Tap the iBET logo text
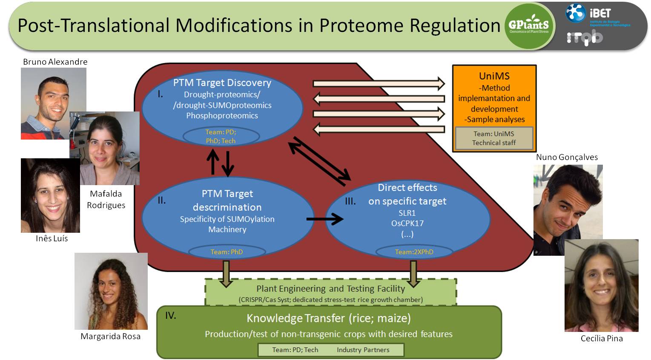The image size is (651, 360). click(600, 13)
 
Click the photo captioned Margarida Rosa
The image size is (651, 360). click(111, 291)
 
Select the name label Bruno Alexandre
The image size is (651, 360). click(55, 62)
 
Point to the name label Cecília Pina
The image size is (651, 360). click(601, 338)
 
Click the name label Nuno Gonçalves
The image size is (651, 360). click(567, 157)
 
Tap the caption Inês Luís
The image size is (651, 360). click(52, 239)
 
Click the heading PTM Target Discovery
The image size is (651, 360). click(222, 83)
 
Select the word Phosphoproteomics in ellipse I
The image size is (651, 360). click(222, 116)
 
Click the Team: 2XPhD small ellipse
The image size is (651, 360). click(414, 252)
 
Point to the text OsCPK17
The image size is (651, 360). click(407, 223)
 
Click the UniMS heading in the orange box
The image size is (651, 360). click(494, 76)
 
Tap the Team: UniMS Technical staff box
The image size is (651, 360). click(494, 138)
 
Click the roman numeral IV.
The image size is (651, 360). click(170, 316)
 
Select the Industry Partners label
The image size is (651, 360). click(363, 350)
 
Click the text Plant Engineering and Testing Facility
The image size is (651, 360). click(330, 289)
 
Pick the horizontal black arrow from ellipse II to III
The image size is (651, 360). click(325, 219)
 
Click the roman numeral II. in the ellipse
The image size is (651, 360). click(162, 200)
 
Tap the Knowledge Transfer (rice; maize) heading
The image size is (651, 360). click(328, 318)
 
